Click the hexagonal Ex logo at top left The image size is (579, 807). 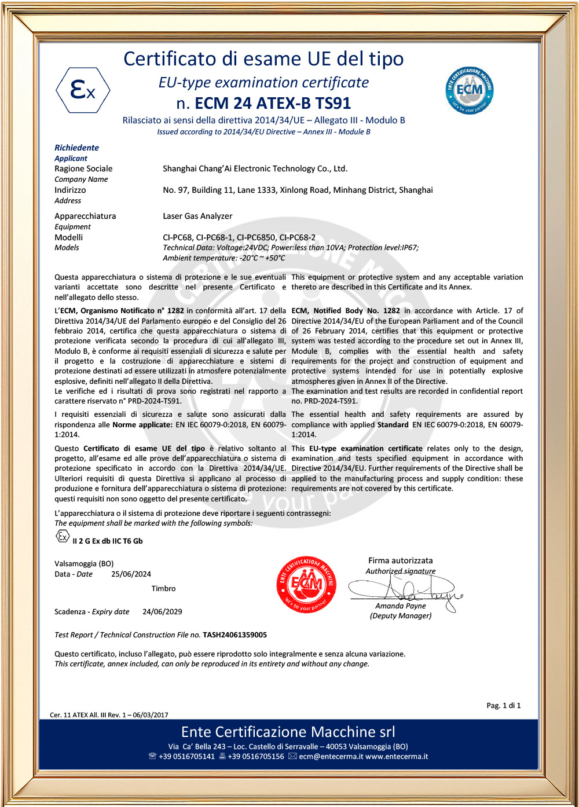[83, 90]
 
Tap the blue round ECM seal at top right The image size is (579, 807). [470, 90]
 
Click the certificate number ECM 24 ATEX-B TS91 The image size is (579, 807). [273, 104]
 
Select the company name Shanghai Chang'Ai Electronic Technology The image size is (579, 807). [255, 169]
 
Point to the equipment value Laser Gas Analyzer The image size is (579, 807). [197, 216]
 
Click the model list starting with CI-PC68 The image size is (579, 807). [239, 237]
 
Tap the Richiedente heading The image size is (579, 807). [76, 148]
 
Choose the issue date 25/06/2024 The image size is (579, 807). [131, 574]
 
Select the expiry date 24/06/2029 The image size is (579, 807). [162, 611]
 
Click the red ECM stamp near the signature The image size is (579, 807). [307, 584]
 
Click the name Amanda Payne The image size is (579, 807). [401, 606]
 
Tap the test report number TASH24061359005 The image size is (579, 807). [234, 635]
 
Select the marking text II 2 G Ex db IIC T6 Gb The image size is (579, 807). [107, 541]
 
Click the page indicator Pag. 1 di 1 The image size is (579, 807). [503, 706]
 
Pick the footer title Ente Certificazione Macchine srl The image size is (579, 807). [288, 732]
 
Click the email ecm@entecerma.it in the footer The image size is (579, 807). [331, 757]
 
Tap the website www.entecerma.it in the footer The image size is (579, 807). [397, 757]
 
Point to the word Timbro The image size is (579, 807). [163, 589]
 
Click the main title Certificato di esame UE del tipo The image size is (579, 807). [263, 59]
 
